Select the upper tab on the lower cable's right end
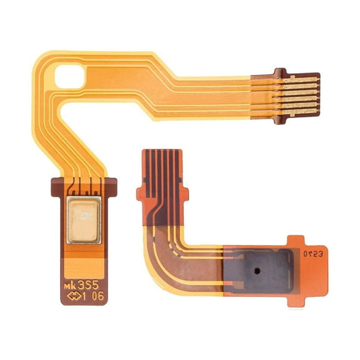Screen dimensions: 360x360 [x=296, y=240]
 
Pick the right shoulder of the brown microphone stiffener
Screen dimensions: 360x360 [x=112, y=184]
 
